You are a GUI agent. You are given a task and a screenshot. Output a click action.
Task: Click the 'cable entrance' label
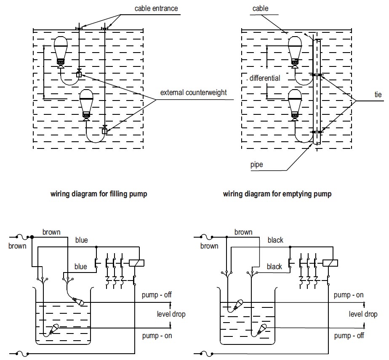point(156,8)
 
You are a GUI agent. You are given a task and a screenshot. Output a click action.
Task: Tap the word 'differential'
point(265,78)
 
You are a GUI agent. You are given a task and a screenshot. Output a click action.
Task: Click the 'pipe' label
point(256,164)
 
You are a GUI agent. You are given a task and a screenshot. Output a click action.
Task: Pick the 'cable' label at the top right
point(260,8)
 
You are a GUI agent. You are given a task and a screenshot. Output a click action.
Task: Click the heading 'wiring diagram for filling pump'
point(99,194)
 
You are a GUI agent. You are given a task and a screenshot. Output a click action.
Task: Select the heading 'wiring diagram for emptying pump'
point(277,194)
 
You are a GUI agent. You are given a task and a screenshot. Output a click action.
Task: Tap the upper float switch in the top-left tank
point(61,50)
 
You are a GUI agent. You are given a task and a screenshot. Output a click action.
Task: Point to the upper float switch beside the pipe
point(296,50)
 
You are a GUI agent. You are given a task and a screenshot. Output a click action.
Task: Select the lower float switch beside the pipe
point(296,103)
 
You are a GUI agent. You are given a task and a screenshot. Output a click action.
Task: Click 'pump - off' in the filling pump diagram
point(157,295)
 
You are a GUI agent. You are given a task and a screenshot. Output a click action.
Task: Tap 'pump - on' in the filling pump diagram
point(157,336)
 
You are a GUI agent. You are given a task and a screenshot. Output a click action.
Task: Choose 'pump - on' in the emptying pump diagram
point(349,295)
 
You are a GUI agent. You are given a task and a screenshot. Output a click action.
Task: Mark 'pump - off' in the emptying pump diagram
point(349,336)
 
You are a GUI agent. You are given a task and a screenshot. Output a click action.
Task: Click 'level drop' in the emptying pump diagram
point(363,314)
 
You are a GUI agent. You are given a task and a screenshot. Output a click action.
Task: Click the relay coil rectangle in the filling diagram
point(137,262)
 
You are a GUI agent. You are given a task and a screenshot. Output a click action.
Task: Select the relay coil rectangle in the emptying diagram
point(330,262)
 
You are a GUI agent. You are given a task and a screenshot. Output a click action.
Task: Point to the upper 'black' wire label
point(275,240)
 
